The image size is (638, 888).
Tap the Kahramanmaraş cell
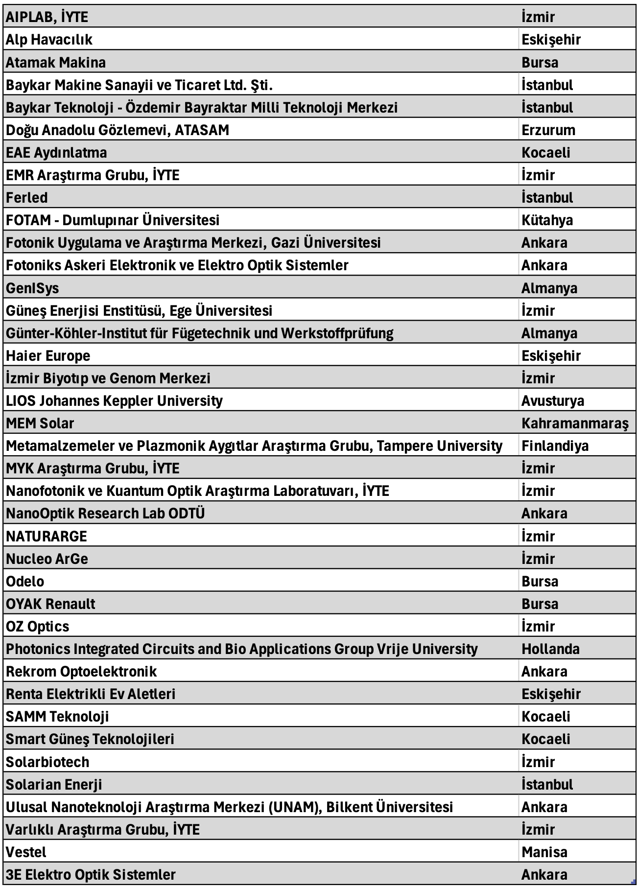pyautogui.click(x=574, y=423)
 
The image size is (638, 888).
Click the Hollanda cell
pyautogui.click(x=550, y=649)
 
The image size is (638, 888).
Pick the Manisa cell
pyautogui.click(x=544, y=852)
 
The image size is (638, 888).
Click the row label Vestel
pyautogui.click(x=26, y=852)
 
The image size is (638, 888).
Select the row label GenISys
pyautogui.click(x=32, y=288)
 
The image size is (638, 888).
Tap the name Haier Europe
pyautogui.click(x=48, y=356)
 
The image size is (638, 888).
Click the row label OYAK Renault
pyautogui.click(x=50, y=604)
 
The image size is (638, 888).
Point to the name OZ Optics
pyautogui.click(x=37, y=627)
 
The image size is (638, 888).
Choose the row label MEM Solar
pyautogui.click(x=40, y=423)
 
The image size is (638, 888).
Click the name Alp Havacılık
pyautogui.click(x=49, y=40)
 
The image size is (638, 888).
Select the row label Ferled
pyautogui.click(x=27, y=198)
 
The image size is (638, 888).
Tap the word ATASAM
pyautogui.click(x=202, y=130)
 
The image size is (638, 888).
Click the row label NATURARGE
pyautogui.click(x=47, y=537)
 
